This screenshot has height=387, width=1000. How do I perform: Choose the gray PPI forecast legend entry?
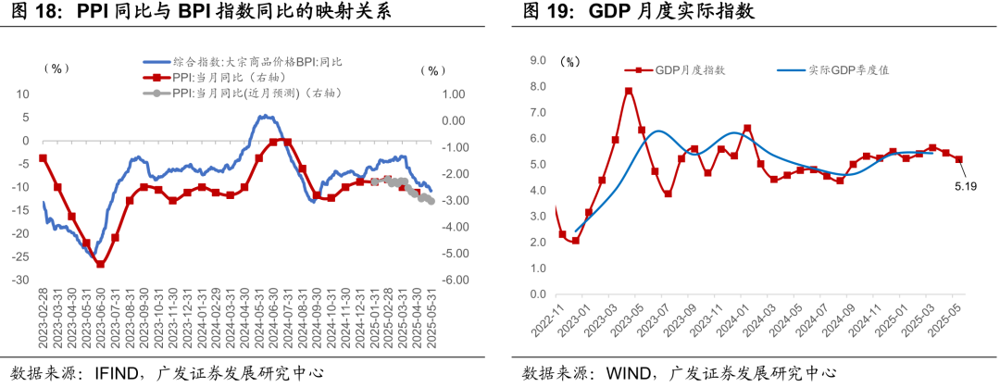point(245,93)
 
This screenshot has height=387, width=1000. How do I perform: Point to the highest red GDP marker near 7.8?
point(628,91)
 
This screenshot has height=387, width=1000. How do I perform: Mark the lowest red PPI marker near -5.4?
point(100,264)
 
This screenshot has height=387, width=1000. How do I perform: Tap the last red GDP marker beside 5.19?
point(958,159)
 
